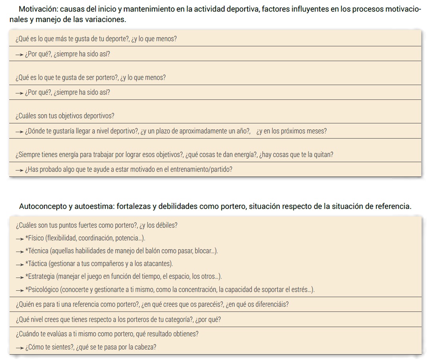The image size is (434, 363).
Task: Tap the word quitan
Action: pyautogui.click(x=323, y=155)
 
